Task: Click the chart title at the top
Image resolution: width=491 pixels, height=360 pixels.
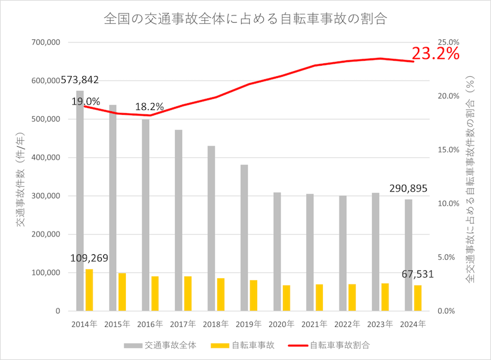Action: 245,18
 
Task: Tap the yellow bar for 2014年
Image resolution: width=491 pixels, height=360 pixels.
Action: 89,290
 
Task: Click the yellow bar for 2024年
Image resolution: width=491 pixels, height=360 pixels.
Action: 418,298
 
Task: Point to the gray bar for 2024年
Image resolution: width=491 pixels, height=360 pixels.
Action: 408,255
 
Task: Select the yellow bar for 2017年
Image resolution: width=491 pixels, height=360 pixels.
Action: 188,294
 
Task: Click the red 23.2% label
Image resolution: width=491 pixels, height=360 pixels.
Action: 436,54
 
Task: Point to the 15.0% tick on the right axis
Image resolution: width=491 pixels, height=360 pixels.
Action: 446,150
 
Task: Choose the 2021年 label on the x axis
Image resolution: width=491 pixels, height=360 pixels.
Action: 314,324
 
